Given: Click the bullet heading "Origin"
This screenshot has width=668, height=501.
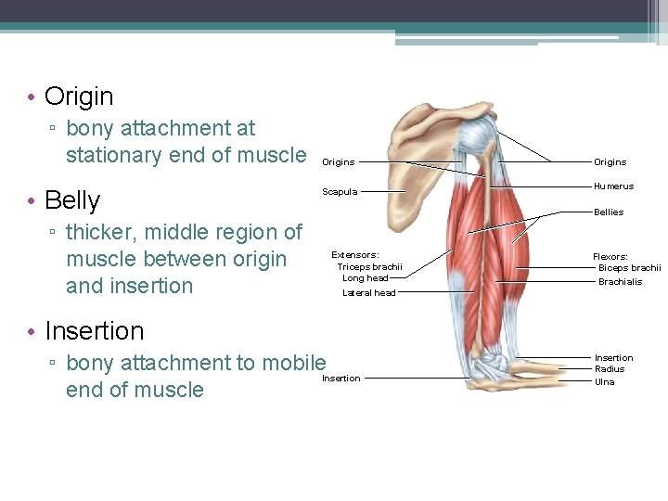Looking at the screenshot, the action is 79,96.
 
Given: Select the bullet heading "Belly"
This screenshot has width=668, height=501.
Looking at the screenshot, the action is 72,200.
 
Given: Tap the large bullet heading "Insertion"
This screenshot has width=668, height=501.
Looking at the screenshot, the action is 94,331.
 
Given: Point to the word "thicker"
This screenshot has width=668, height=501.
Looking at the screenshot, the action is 105,232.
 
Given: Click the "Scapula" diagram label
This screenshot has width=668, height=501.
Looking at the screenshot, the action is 339,192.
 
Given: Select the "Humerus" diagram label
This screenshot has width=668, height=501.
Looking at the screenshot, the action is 614,186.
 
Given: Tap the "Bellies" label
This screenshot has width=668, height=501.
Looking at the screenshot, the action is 609,212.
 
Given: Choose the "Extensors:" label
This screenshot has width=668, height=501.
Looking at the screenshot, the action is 355,254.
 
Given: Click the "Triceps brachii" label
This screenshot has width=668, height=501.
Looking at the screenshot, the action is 369,266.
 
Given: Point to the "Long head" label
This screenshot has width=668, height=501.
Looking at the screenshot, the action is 366,278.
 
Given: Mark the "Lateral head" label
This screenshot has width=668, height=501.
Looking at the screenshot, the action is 369,293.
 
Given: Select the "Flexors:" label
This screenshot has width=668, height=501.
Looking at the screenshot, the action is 610,257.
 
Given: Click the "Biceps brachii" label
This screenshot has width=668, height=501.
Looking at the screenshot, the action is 629,269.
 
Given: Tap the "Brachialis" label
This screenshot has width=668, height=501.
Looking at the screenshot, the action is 620,282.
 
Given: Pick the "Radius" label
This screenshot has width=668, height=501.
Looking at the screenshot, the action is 610,369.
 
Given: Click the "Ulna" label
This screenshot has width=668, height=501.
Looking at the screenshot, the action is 604,381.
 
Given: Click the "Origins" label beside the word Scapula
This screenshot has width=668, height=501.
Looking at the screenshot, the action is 338,162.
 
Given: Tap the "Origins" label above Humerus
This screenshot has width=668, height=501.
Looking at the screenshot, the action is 610,162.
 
